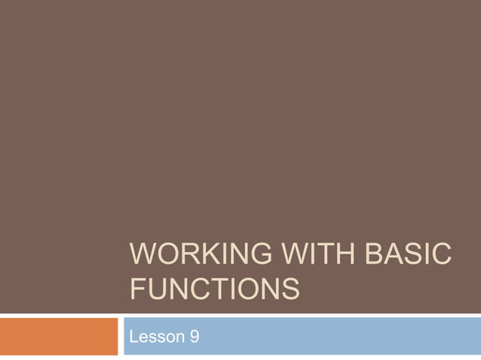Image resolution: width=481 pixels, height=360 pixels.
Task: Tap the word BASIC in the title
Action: pyautogui.click(x=407, y=255)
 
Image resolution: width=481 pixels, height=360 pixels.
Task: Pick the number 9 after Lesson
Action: pyautogui.click(x=194, y=336)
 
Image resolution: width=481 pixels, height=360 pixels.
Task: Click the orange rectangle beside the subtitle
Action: pyautogui.click(x=59, y=336)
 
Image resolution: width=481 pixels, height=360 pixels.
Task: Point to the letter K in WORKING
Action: pyautogui.click(x=201, y=255)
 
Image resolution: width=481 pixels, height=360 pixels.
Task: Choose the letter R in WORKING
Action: pyautogui.click(x=183, y=255)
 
